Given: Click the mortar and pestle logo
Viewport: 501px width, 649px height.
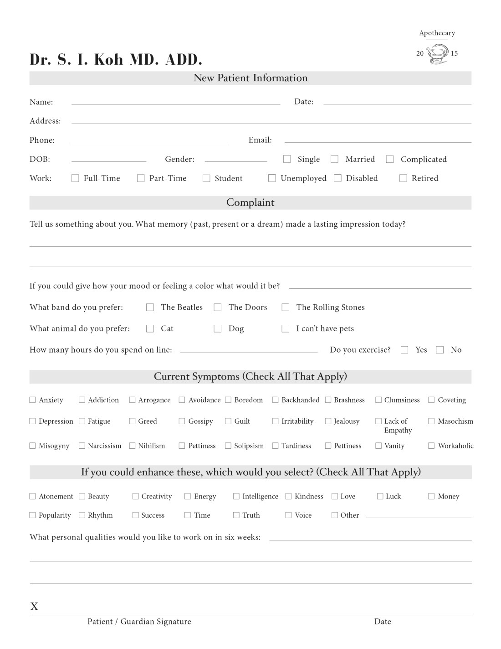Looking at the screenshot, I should (x=437, y=54).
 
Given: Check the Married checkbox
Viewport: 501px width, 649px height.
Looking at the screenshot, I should (x=334, y=159).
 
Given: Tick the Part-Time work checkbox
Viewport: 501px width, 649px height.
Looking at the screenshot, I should (x=141, y=178).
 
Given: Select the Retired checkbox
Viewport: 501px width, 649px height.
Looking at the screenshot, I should (x=403, y=178).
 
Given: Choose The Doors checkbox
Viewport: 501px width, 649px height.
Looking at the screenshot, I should (x=218, y=307).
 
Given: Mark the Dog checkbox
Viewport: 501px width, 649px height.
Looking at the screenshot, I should (x=218, y=328).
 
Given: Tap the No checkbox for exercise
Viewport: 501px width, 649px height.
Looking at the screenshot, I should (x=440, y=350).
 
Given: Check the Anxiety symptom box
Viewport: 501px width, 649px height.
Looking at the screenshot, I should (x=32, y=400).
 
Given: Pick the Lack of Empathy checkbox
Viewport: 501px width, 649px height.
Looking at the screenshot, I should (x=378, y=421).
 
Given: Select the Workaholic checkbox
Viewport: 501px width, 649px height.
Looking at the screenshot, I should (x=431, y=446).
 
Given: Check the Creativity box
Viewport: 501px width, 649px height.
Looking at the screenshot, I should (x=135, y=496).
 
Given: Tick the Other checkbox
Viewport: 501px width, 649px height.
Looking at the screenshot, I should (x=335, y=515).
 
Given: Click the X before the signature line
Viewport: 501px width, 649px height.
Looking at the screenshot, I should (x=34, y=606).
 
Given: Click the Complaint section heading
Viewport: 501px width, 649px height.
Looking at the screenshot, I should (x=250, y=202).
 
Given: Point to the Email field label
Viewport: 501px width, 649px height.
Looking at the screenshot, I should (x=260, y=140).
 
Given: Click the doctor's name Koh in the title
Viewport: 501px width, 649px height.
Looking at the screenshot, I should (x=108, y=60).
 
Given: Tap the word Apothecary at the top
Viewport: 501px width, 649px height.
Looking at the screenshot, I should (x=437, y=33).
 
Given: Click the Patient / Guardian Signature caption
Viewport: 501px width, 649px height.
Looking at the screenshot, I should (x=139, y=621).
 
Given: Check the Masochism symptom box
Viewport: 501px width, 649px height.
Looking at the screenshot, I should (x=431, y=421).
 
